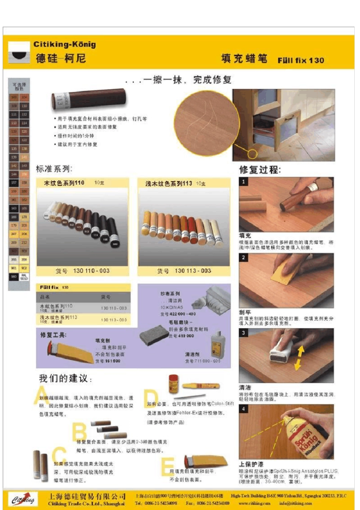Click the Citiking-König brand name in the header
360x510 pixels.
point(64,44)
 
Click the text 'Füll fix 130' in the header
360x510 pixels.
point(301,60)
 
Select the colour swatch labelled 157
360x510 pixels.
point(14,182)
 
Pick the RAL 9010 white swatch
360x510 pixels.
point(24,277)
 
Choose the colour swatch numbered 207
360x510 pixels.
point(14,234)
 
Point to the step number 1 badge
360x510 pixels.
point(243,182)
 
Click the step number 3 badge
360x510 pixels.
point(243,333)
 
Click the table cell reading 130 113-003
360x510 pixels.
point(114,320)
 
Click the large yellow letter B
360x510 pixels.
point(79,432)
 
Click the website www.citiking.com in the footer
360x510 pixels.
point(254,504)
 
